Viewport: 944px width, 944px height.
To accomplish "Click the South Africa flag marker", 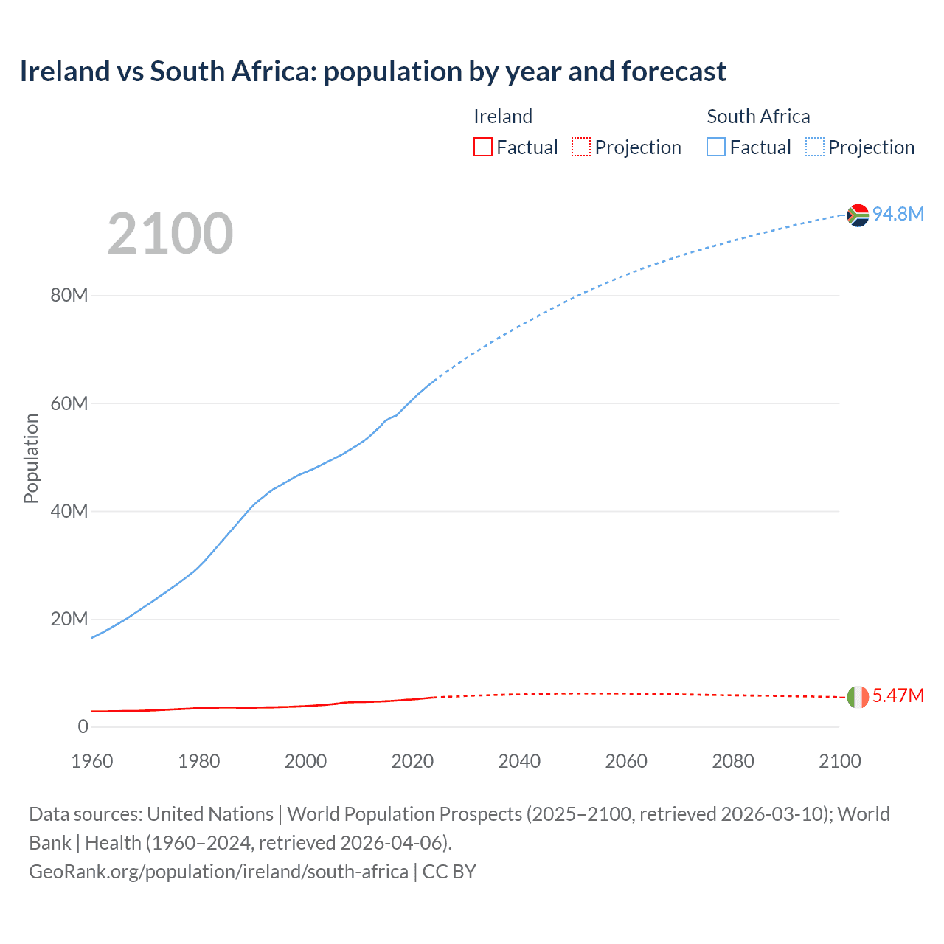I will point(858,215).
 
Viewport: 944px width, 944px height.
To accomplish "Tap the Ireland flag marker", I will point(858,697).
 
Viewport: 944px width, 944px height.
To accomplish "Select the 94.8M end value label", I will point(898,214).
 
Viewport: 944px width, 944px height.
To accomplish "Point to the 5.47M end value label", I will point(898,695).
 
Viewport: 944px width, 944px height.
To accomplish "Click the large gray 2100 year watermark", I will point(170,234).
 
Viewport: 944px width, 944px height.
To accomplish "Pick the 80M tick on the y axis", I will point(69,295).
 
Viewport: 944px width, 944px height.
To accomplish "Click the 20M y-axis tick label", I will point(69,619).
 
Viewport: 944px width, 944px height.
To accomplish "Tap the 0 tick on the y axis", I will point(83,726).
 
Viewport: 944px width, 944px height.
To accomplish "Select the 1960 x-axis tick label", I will point(92,761).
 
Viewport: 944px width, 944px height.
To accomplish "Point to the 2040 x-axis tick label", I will point(519,761).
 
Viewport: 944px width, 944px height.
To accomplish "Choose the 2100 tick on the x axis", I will point(840,761).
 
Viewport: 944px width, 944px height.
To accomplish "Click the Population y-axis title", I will point(31,458).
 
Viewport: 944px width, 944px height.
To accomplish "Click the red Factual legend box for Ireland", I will point(483,147).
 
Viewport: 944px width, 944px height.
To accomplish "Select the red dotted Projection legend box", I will point(581,147).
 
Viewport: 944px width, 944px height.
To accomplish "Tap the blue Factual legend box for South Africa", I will point(716,147).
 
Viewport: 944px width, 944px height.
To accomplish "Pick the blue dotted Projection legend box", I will point(815,147).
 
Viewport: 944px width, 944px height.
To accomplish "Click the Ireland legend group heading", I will point(503,117).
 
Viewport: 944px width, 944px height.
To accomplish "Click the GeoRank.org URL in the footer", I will point(218,871).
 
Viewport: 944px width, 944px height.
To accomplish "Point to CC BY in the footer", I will point(449,871).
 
